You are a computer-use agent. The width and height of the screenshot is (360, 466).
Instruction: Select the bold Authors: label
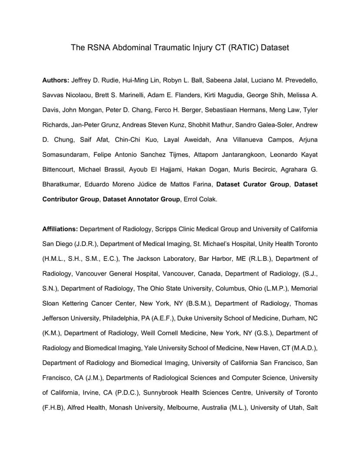56,80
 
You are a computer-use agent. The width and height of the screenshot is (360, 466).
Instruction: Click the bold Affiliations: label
60,229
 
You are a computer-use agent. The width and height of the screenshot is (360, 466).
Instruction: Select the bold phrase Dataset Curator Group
253,184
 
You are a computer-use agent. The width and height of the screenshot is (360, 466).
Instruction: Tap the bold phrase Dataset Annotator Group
141,199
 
